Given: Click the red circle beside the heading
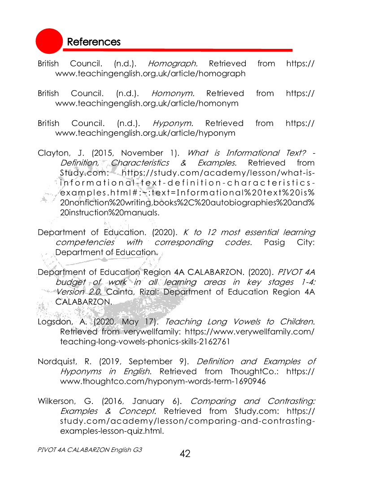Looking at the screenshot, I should [x=49, y=41].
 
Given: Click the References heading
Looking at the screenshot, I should [x=94, y=42].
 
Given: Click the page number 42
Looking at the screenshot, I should [x=185, y=454].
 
